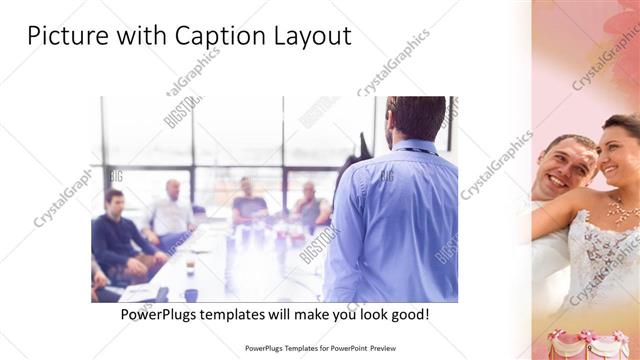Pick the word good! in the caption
406,314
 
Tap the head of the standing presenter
415,118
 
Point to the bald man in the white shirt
172,210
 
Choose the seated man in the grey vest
310,204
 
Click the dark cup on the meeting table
190,295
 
